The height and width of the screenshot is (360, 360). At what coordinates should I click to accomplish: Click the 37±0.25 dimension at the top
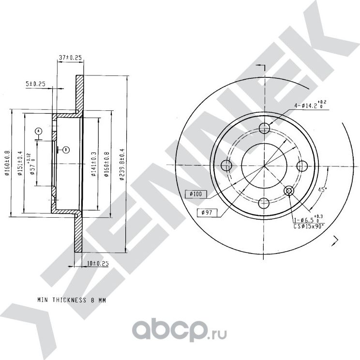71,58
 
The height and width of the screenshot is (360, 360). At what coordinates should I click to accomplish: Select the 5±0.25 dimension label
35,84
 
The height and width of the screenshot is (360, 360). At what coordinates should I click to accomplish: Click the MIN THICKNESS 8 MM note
72,300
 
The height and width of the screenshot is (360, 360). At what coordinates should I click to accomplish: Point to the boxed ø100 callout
196,194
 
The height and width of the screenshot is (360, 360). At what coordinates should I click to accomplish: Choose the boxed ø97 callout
207,212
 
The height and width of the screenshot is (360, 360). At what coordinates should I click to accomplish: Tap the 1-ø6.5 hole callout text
306,220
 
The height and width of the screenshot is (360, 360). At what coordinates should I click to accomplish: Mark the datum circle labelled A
39,131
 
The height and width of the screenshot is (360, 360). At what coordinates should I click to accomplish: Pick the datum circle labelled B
66,149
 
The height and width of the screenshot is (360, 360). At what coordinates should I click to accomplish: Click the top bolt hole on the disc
264,128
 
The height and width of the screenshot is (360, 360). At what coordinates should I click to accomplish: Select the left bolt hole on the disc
226,165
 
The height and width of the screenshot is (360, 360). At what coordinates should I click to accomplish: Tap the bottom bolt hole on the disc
264,203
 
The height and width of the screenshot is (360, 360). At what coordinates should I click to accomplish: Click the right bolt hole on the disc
302,165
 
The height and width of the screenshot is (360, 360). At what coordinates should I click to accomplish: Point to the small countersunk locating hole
289,192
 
